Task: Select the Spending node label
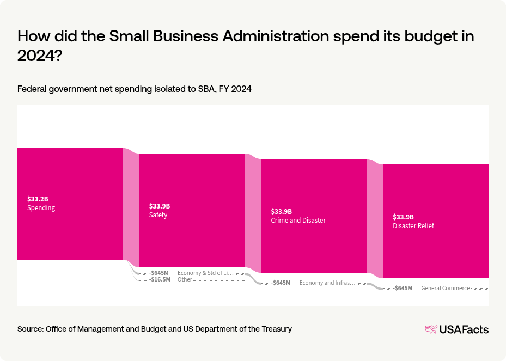pos(41,208)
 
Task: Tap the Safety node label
pos(158,215)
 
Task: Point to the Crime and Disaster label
pos(298,221)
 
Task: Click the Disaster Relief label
pos(413,226)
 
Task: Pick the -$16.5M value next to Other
pos(160,280)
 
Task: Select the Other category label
pos(185,280)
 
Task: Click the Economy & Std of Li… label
pos(205,273)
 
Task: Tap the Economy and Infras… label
pos(327,283)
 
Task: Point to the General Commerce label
pos(445,289)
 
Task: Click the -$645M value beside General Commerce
pos(402,289)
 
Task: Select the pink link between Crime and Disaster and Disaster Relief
pos(375,218)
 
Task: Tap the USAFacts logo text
pos(464,329)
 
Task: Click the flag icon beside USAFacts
pos(431,329)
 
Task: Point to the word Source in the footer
pos(30,329)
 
